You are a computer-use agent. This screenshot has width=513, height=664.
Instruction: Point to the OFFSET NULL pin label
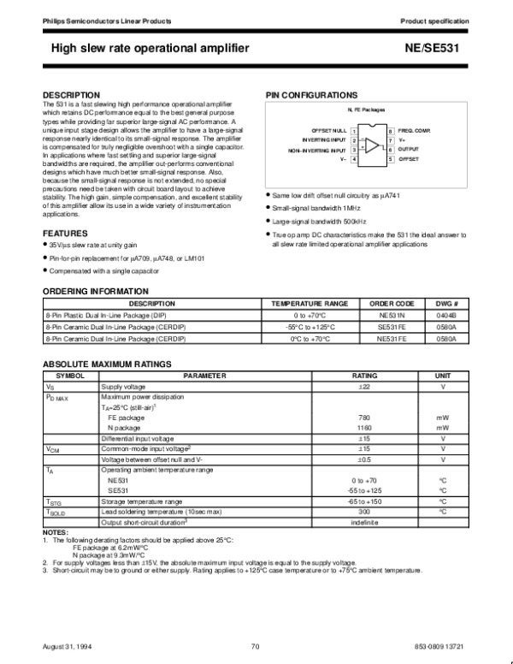pyautogui.click(x=329, y=129)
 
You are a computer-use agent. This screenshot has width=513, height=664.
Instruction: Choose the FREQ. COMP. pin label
pyautogui.click(x=415, y=129)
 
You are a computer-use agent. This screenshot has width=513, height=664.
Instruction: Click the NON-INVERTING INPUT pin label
pyautogui.click(x=318, y=149)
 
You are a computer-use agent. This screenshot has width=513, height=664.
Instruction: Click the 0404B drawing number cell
pyautogui.click(x=447, y=316)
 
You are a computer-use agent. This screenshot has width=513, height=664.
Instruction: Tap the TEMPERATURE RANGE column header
pyautogui.click(x=310, y=304)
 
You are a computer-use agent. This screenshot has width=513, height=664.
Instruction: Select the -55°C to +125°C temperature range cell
pyautogui.click(x=310, y=327)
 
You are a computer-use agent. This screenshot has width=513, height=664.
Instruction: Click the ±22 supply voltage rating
pyautogui.click(x=363, y=386)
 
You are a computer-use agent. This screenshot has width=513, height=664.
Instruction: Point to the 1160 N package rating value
pyautogui.click(x=363, y=427)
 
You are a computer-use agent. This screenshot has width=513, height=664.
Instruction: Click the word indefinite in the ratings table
pyautogui.click(x=363, y=522)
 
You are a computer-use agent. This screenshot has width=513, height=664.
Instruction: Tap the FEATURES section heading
pyautogui.click(x=65, y=233)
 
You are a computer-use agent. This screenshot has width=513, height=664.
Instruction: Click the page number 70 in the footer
pyautogui.click(x=255, y=645)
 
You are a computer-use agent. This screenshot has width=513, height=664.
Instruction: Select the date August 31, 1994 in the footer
pyautogui.click(x=64, y=645)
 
